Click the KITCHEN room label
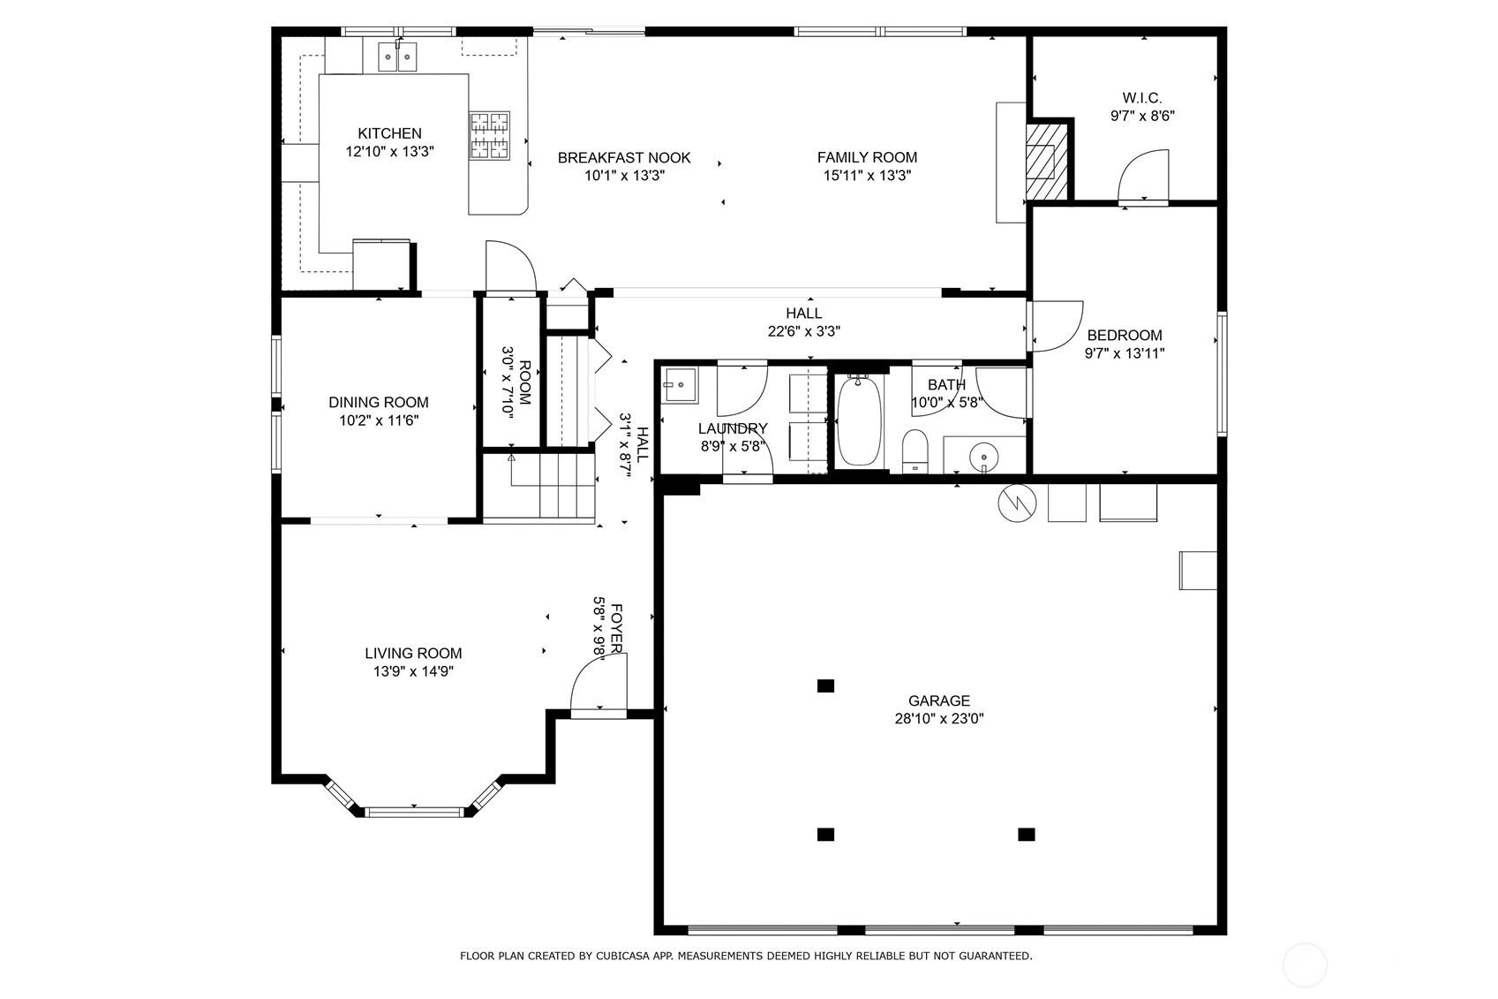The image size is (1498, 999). click(x=389, y=133)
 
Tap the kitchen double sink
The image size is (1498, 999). click(x=397, y=57)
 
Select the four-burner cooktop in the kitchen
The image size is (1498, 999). click(x=489, y=136)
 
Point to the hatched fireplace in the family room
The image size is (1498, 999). click(x=1047, y=160)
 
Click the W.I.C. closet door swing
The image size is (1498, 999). click(x=1143, y=176)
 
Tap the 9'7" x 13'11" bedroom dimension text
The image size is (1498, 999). click(x=1125, y=353)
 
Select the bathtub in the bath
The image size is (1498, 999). click(x=860, y=420)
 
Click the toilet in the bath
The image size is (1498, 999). click(x=915, y=451)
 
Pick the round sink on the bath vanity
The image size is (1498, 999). click(x=983, y=457)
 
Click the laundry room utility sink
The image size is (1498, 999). click(x=680, y=385)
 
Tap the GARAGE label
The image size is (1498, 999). click(x=939, y=700)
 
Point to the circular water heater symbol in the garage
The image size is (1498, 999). click(x=1017, y=503)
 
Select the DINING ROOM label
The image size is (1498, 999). click(x=379, y=402)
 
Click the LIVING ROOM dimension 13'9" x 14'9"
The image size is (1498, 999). click(x=413, y=671)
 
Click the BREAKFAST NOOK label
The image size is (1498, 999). click(x=624, y=158)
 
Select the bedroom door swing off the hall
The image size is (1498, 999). click(x=1055, y=326)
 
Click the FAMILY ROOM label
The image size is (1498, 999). click(x=867, y=157)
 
